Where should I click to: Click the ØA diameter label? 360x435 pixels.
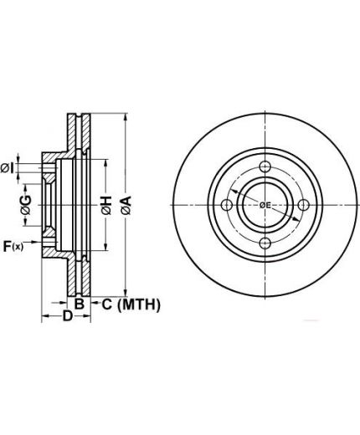click(x=126, y=205)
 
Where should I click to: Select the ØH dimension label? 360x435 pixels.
click(x=106, y=205)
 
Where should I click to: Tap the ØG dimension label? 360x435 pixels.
click(x=26, y=205)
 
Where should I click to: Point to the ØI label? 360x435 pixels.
click(x=8, y=168)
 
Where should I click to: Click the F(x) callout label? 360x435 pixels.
click(x=13, y=246)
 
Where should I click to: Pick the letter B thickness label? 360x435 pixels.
click(x=80, y=304)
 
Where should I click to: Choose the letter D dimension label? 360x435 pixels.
click(x=68, y=316)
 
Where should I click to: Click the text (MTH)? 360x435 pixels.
click(x=139, y=304)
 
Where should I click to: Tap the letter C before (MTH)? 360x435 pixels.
click(x=107, y=304)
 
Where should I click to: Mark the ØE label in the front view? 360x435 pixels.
click(x=265, y=206)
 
